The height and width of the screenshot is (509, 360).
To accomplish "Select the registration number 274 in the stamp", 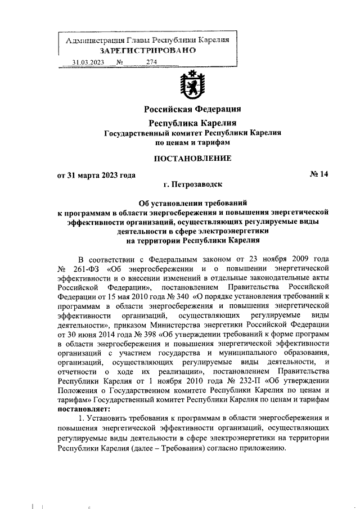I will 151,62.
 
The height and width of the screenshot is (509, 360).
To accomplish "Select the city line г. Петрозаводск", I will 193,184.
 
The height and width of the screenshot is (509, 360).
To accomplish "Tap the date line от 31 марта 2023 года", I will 97,175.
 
